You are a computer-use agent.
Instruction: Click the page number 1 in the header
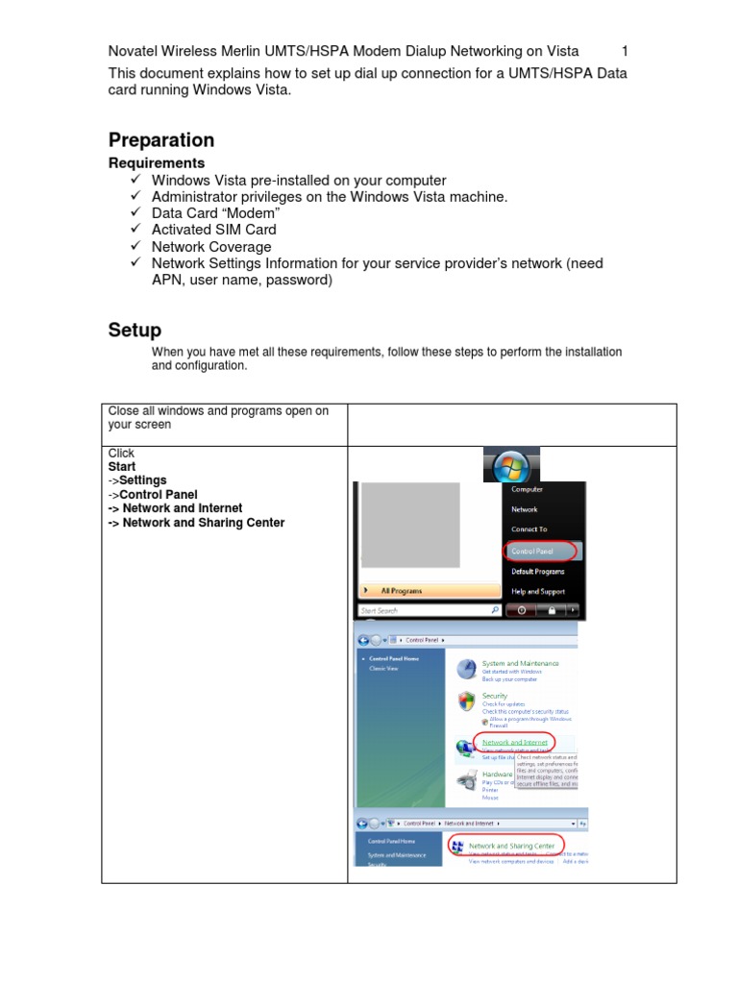[x=625, y=51]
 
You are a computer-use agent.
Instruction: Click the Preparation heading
[x=160, y=140]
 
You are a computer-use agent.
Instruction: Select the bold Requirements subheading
[x=156, y=163]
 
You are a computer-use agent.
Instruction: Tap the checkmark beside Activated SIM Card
[x=135, y=230]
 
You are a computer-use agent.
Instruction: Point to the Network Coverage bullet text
[x=211, y=247]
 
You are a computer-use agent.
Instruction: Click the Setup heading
[x=135, y=331]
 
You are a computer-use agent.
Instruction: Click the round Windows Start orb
[x=510, y=469]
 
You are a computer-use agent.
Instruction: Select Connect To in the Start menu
[x=529, y=529]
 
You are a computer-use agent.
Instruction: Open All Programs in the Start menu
[x=401, y=591]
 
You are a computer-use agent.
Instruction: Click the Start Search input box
[x=423, y=610]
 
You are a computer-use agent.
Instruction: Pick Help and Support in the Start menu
[x=537, y=592]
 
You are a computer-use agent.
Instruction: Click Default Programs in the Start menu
[x=537, y=572]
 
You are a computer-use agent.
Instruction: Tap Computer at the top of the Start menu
[x=527, y=489]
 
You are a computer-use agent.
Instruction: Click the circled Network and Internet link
[x=514, y=743]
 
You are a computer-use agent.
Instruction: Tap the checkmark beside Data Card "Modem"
[x=135, y=213]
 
